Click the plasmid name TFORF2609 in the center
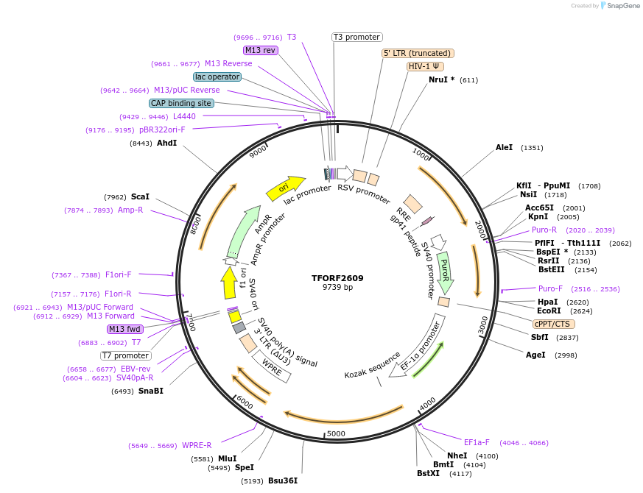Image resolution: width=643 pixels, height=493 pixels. coord(337,278)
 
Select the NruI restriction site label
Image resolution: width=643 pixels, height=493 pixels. coord(441,79)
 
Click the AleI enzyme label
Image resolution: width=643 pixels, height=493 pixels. coord(504,147)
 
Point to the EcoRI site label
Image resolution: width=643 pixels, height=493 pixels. coord(549,311)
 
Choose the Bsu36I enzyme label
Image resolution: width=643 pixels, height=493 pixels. coord(283,480)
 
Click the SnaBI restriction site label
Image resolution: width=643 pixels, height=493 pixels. coord(150,391)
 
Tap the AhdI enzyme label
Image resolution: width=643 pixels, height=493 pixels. coord(166,143)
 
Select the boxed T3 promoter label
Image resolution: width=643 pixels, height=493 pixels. coord(356,37)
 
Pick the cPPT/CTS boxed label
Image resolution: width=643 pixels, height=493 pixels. coord(554,324)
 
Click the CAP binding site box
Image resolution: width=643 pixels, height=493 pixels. coord(181,104)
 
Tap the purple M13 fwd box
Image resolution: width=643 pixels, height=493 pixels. coord(124,329)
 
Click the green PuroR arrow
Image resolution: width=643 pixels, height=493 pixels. coord(444,271)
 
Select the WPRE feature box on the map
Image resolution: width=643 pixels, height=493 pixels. coord(272,366)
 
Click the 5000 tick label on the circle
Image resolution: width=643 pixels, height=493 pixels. coord(336,433)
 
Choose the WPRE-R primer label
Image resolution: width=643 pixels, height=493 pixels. coord(197,445)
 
